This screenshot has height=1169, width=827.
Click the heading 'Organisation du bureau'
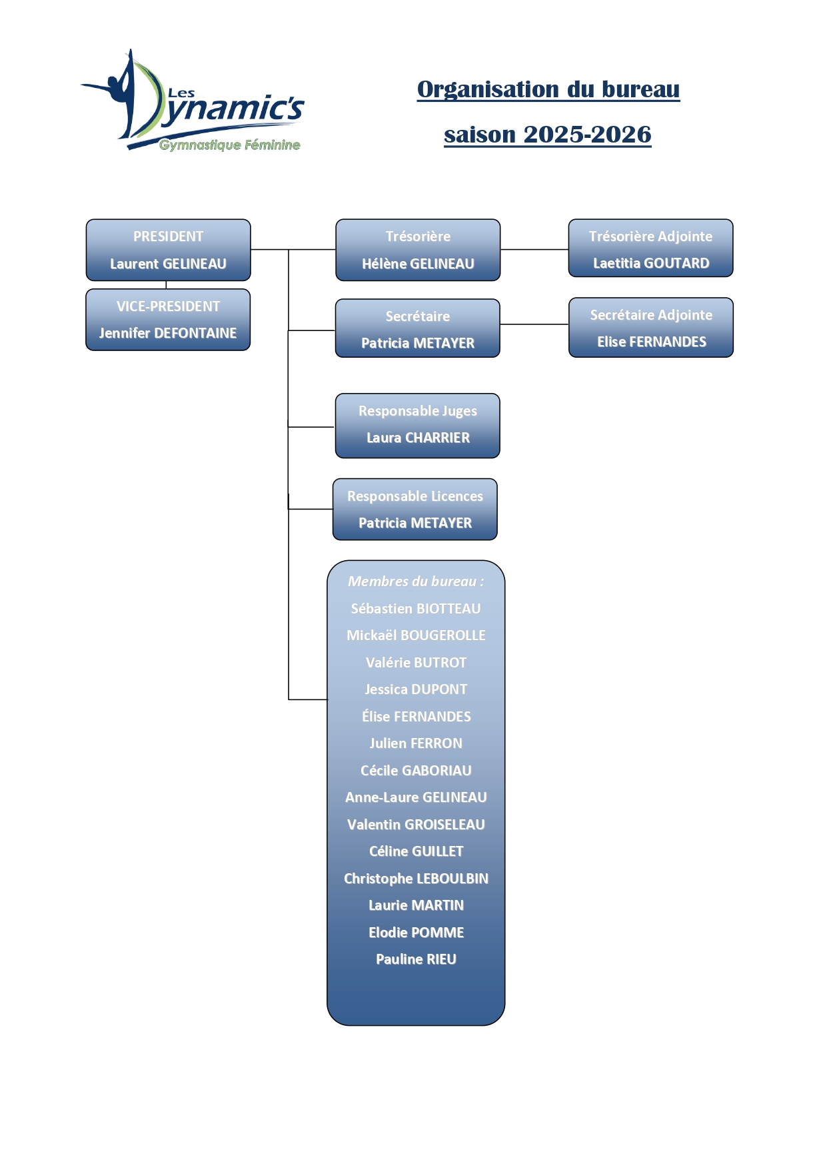click(x=548, y=89)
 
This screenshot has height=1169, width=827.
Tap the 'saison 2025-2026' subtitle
click(x=547, y=135)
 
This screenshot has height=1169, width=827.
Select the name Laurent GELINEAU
click(x=168, y=264)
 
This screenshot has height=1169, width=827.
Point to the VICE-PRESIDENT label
click(x=168, y=306)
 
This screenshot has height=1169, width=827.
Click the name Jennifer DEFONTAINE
click(x=168, y=333)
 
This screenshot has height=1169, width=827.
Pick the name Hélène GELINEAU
click(x=418, y=264)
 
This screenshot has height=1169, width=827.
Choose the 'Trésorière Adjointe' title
click(x=650, y=236)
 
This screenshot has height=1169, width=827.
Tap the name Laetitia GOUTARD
click(x=651, y=263)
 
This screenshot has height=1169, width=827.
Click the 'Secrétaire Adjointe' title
click(x=651, y=315)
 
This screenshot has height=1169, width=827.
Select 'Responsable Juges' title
click(x=418, y=411)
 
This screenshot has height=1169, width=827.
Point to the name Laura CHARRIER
click(x=418, y=438)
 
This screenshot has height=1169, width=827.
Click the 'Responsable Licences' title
click(x=415, y=496)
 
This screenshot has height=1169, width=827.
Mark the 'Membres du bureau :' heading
click(x=416, y=582)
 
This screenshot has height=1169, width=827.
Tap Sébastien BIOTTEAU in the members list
click(x=416, y=609)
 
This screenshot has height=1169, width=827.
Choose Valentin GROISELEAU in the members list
click(x=416, y=825)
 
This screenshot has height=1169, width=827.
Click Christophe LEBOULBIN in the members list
click(x=416, y=879)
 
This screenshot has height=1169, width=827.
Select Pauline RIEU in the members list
click(x=416, y=959)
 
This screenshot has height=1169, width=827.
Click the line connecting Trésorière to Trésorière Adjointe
click(x=534, y=250)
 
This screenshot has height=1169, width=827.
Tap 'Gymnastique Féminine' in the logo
click(x=229, y=145)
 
